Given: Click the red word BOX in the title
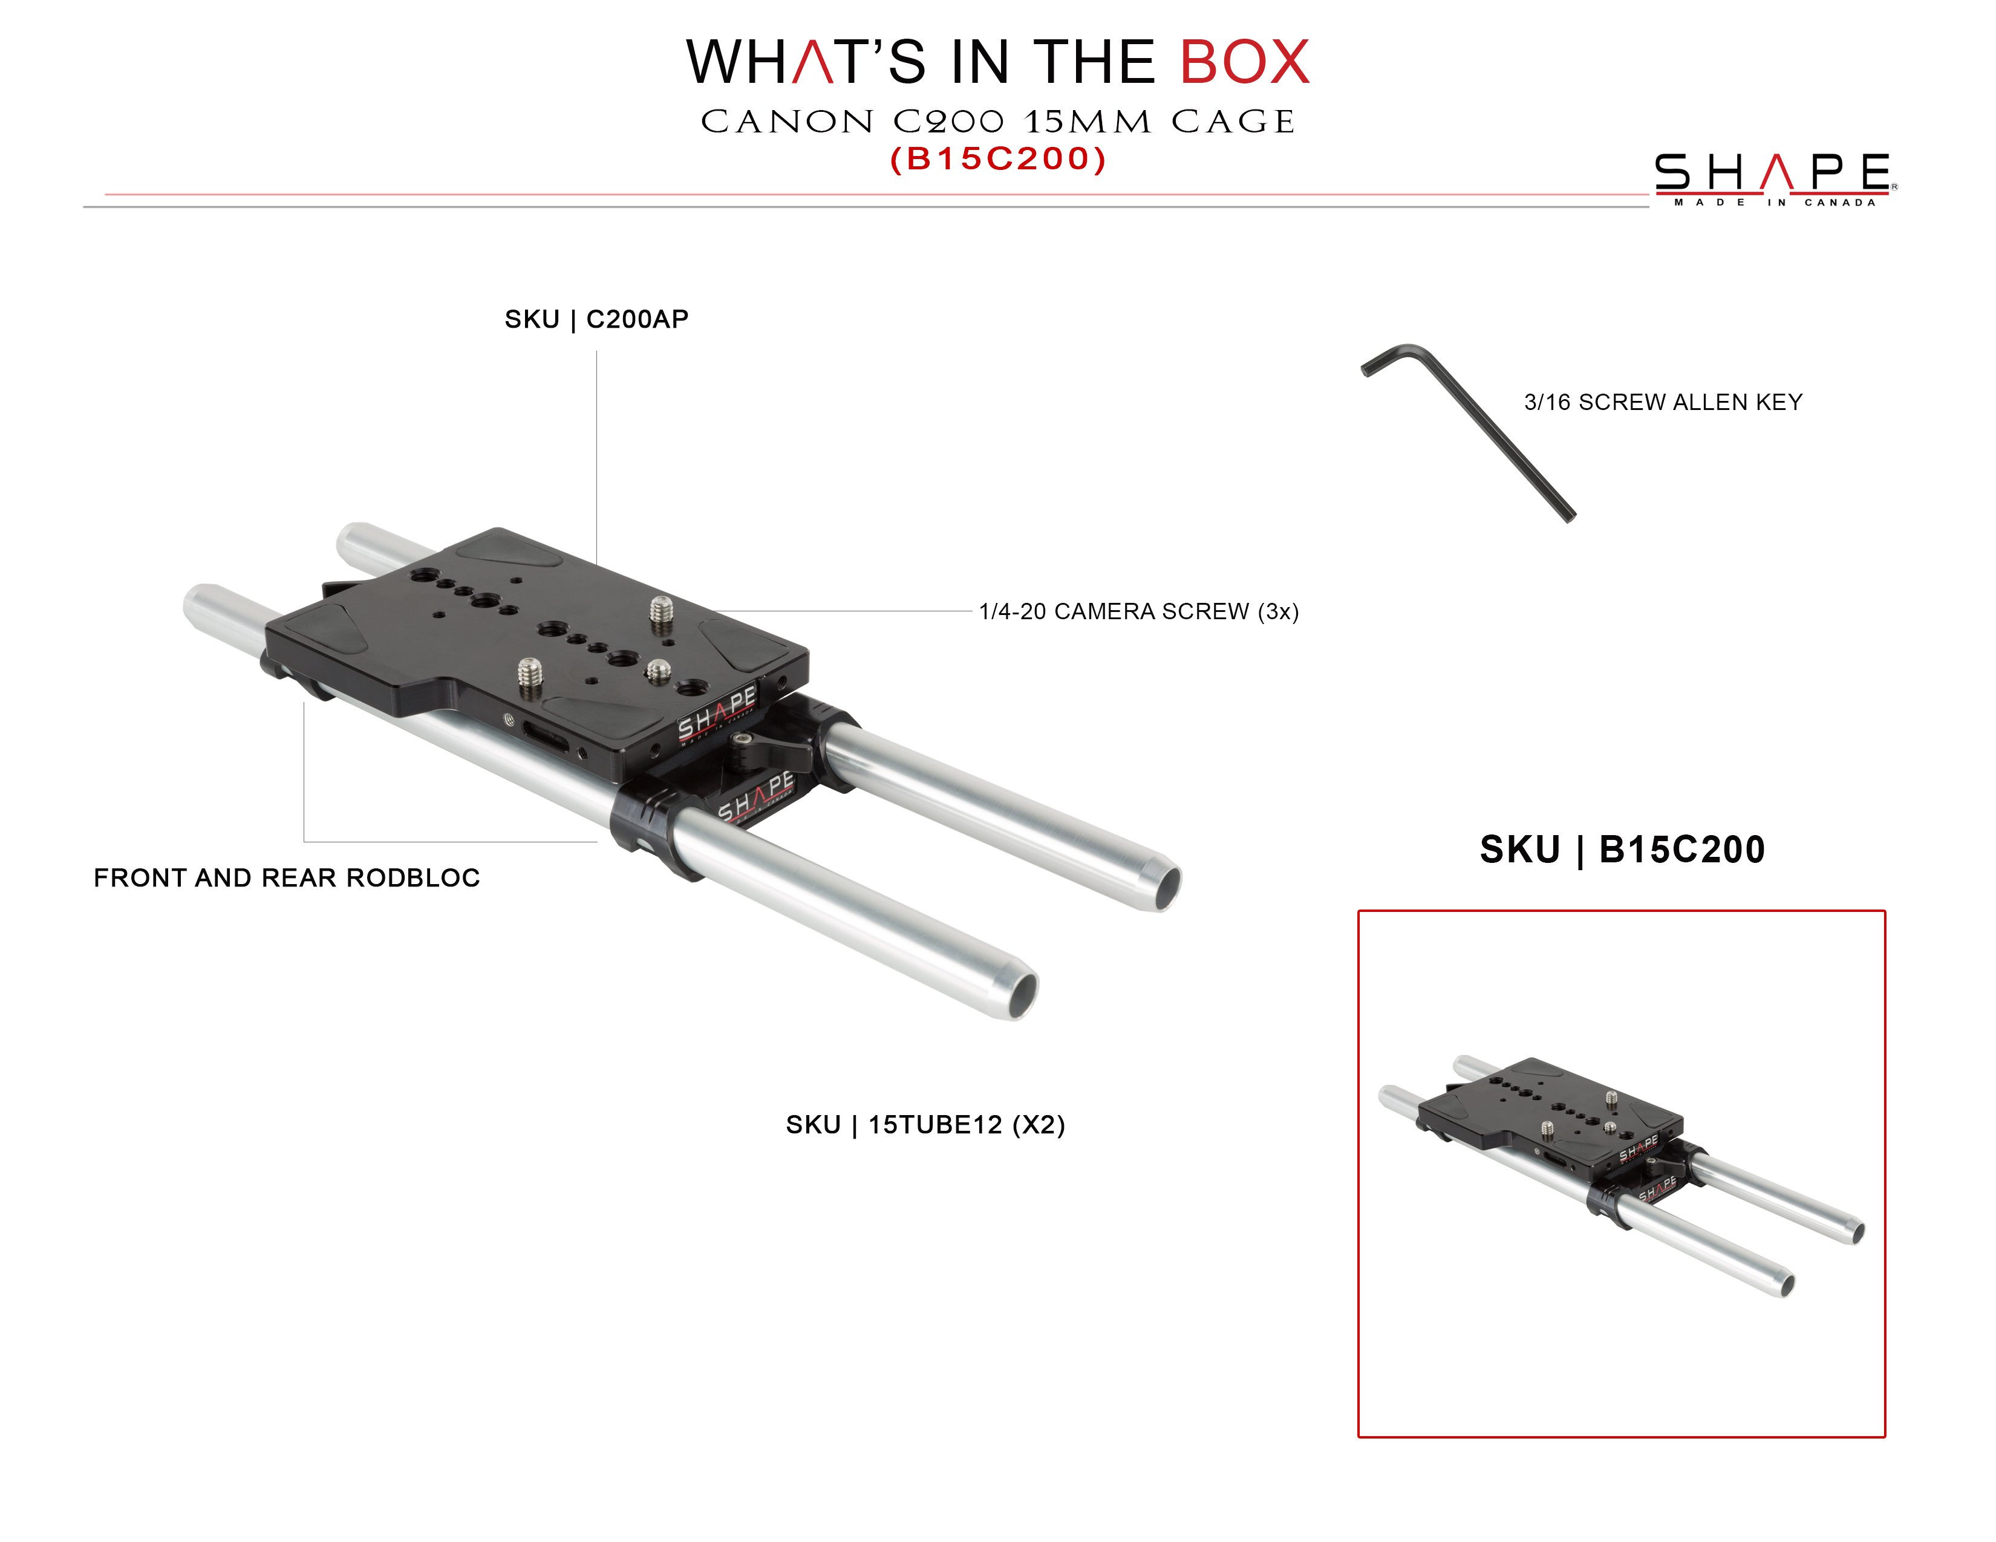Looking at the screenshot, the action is (x=1244, y=62).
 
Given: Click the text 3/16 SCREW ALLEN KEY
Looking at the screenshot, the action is (x=1662, y=402).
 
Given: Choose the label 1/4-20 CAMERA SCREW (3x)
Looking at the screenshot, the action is (x=1139, y=611).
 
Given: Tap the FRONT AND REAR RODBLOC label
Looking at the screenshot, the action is (x=286, y=878).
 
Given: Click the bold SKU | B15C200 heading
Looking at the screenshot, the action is (x=1622, y=850).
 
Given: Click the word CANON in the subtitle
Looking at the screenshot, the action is (x=787, y=122).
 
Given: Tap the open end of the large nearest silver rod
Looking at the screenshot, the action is (x=1022, y=996).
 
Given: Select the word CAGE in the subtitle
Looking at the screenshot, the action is (x=1233, y=122).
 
